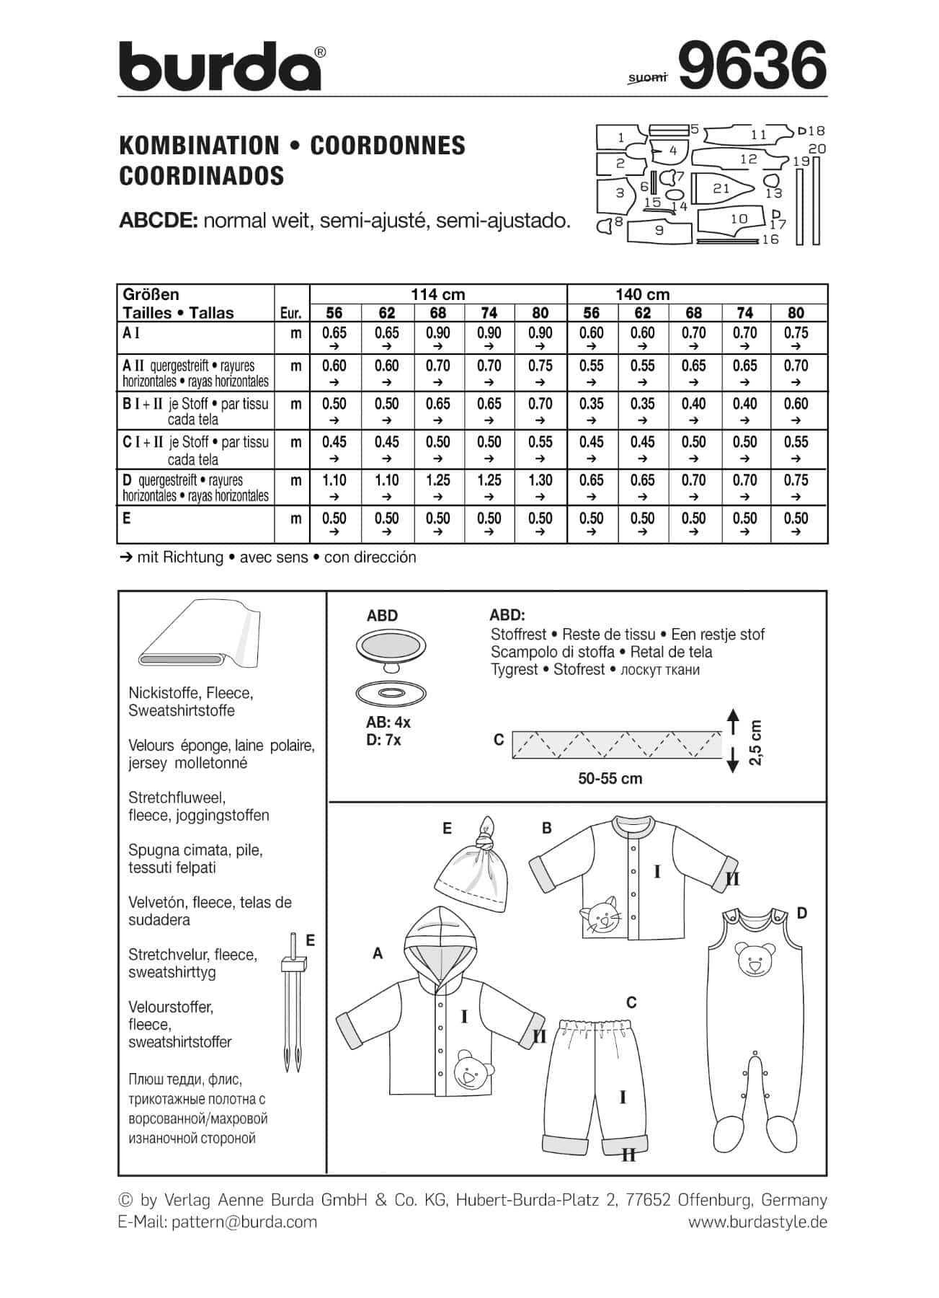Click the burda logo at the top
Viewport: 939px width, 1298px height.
coord(221,66)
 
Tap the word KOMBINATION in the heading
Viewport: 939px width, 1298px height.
coord(199,146)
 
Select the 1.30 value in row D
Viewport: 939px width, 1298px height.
coord(540,480)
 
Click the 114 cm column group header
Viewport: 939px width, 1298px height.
coord(437,294)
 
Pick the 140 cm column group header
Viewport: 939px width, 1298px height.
coord(642,294)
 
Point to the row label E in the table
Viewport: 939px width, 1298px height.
coord(127,518)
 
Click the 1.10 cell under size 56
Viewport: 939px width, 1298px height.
coord(334,480)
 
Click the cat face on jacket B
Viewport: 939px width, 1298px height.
coord(602,915)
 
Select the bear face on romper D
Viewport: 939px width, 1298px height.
coord(754,960)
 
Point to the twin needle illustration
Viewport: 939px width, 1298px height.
coord(294,1003)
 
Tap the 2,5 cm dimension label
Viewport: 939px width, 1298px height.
coord(755,742)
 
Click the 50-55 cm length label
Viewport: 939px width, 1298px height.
coord(610,779)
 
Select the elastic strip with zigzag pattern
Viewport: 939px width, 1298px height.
coord(616,744)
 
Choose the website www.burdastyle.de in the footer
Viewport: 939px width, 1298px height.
coord(757,1222)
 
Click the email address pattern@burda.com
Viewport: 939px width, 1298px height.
coord(244,1222)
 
